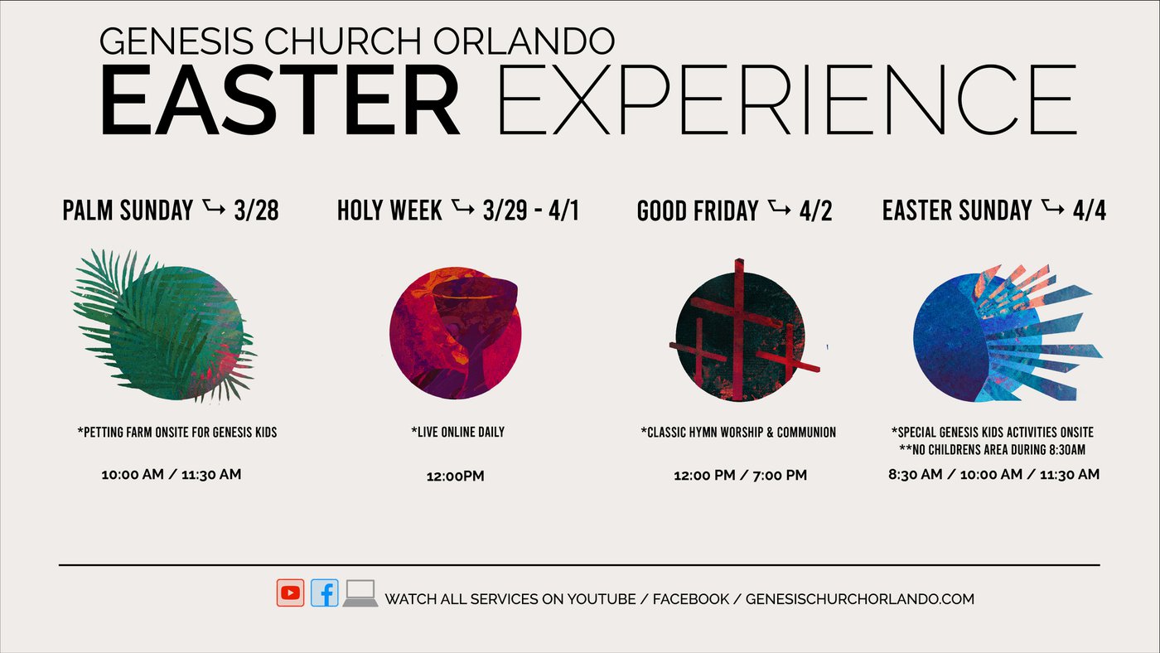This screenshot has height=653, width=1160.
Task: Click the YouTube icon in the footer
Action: pyautogui.click(x=290, y=593)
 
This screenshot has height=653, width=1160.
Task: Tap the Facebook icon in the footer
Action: pyautogui.click(x=325, y=593)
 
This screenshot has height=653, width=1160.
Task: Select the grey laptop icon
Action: pyautogui.click(x=360, y=593)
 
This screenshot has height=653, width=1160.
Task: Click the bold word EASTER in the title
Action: pyautogui.click(x=279, y=100)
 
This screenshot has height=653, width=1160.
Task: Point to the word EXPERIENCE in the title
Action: pyautogui.click(x=787, y=100)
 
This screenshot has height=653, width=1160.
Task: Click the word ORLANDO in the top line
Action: pyautogui.click(x=524, y=41)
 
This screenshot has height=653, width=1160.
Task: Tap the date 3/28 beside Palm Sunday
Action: pyautogui.click(x=256, y=210)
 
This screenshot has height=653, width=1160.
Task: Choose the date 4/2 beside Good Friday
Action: pyautogui.click(x=815, y=210)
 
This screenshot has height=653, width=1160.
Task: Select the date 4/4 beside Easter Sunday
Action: pyautogui.click(x=1090, y=210)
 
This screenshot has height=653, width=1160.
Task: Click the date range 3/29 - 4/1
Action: pyautogui.click(x=531, y=210)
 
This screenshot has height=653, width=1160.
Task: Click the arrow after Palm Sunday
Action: pyautogui.click(x=214, y=207)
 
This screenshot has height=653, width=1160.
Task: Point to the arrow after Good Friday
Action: pyautogui.click(x=779, y=207)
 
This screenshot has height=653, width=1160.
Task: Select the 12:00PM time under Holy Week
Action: pyautogui.click(x=455, y=476)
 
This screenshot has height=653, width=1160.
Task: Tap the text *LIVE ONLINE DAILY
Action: pyautogui.click(x=457, y=432)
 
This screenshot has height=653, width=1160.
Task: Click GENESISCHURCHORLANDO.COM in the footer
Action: pyautogui.click(x=860, y=599)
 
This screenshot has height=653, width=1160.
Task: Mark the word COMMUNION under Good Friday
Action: pyautogui.click(x=806, y=433)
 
